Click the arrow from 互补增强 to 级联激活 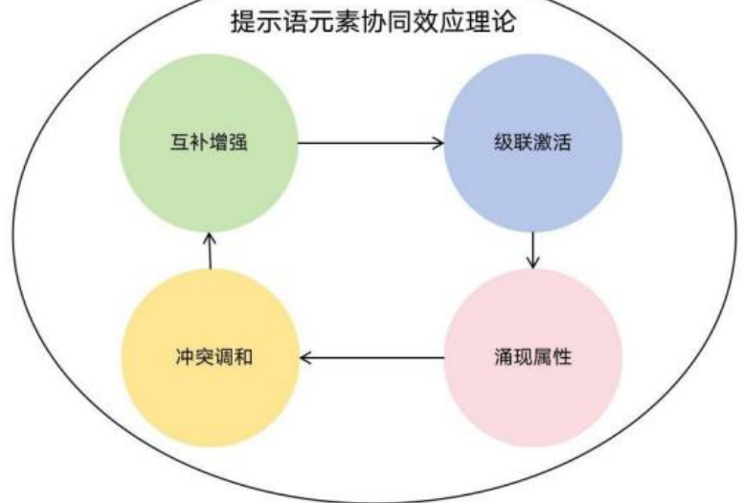(x=372, y=144)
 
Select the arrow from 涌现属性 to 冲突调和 (x=373, y=358)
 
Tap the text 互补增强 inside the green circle (x=209, y=144)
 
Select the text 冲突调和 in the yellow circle (x=208, y=358)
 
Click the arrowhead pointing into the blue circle (x=439, y=144)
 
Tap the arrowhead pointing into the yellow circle (x=306, y=358)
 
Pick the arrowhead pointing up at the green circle (x=210, y=236)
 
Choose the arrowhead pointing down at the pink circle (x=532, y=263)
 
